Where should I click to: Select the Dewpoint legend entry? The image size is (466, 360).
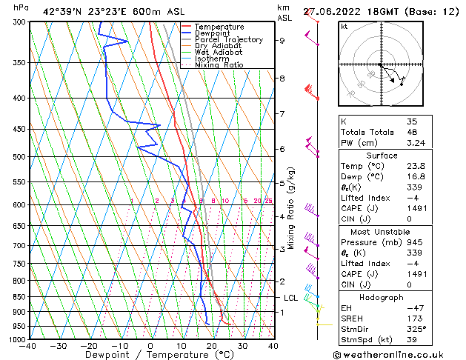coord(215,33)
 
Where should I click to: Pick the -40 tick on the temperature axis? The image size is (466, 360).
coord(28,346)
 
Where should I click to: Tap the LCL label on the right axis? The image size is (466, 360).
coord(290,298)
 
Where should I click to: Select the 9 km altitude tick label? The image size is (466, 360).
coord(282,41)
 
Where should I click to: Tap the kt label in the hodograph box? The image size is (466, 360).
coord(344,27)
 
